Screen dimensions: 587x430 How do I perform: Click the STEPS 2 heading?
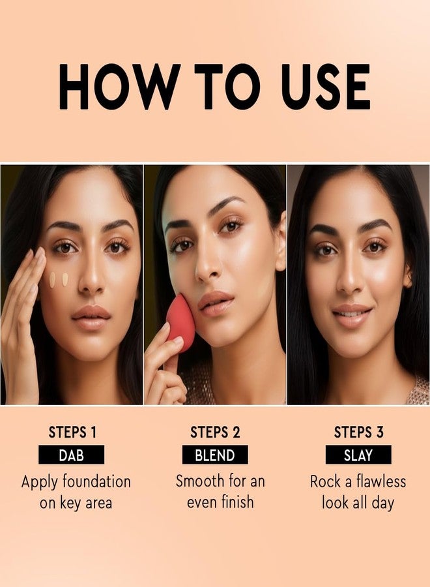pos(215,432)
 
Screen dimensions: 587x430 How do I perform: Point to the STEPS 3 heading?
pos(359,432)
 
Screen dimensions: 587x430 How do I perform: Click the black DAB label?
pos(71,455)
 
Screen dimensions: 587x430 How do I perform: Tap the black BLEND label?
pos(215,455)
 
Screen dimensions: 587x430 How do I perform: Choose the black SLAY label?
pos(358,455)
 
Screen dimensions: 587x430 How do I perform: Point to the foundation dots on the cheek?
pos(59,279)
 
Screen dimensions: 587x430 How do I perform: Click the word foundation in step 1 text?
pos(95,482)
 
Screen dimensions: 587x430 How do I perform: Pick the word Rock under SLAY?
pos(325,482)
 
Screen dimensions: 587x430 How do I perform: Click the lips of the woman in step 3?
pos(351,316)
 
